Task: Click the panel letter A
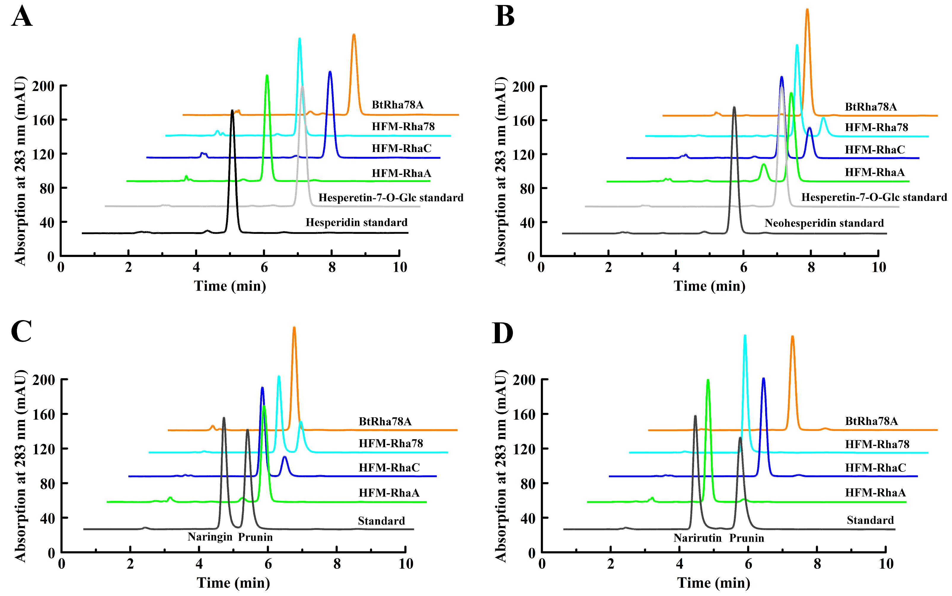point(21,17)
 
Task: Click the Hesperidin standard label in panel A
point(356,223)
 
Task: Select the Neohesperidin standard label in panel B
point(824,223)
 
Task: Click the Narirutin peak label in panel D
point(697,538)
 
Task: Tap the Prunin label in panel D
point(746,538)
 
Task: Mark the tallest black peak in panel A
point(232,111)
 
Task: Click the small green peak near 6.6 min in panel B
point(763,165)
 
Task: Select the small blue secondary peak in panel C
point(285,457)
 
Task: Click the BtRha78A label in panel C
point(385,422)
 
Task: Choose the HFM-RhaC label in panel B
point(874,150)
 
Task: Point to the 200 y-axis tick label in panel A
point(43,86)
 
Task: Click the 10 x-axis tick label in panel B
point(879,268)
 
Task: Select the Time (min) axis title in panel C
point(233,583)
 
